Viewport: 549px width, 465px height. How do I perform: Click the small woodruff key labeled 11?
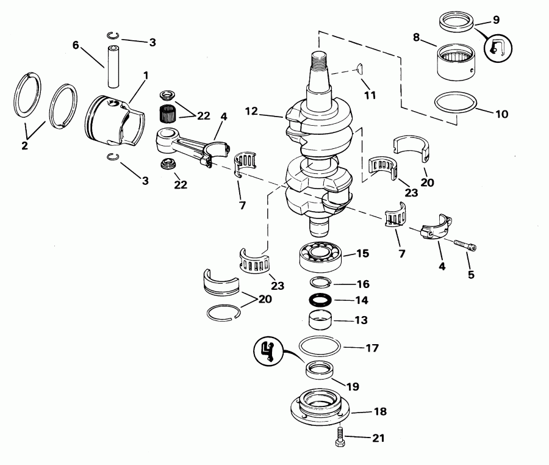[x=359, y=70]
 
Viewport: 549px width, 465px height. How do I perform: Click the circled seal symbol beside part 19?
[x=267, y=350]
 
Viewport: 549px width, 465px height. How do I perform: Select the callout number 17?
[x=372, y=348]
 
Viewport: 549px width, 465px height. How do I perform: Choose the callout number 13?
[x=362, y=320]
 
